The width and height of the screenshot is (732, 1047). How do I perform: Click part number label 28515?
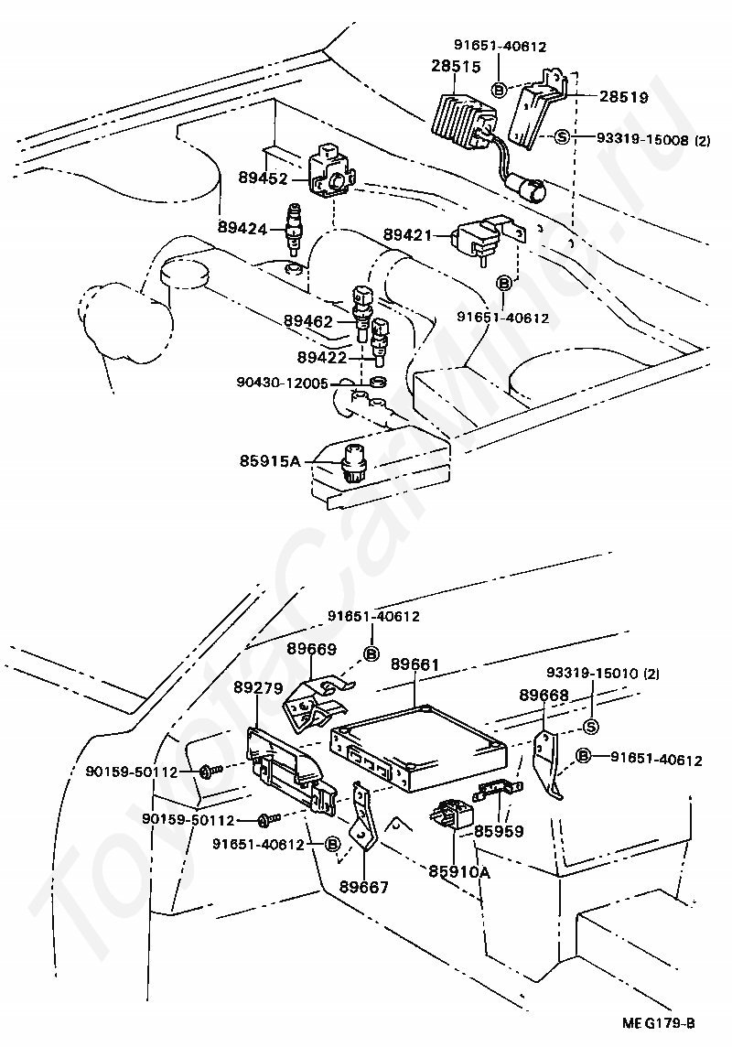457,67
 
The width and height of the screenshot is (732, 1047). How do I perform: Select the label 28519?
623,98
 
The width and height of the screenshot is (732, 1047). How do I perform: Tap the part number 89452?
263,178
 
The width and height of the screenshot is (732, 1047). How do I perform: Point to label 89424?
242,229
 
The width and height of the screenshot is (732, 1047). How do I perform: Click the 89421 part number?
408,235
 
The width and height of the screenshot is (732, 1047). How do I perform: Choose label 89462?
307,321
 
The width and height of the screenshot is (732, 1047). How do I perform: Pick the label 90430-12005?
282,383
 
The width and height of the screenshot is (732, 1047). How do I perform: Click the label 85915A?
270,460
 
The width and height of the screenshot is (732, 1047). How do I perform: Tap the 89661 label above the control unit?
415,664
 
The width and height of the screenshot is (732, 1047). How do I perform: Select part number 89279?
258,687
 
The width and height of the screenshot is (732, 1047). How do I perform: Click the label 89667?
363,888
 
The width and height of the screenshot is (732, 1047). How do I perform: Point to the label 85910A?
459,871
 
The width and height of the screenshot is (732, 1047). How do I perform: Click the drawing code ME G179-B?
660,1023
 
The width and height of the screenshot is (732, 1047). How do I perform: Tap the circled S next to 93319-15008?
562,137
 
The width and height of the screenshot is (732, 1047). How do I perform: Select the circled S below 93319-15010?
591,727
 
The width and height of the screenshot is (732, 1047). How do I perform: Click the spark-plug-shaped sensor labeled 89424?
292,229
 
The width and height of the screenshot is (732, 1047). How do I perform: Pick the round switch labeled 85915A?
351,460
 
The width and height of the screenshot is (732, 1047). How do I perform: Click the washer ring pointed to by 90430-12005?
378,383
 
